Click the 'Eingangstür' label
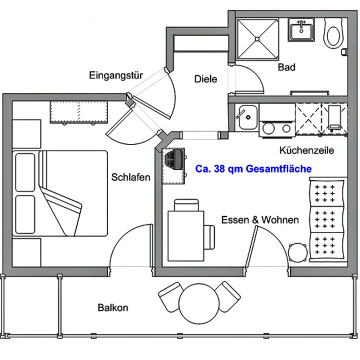coord(116,76)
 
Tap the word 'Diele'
coord(205,79)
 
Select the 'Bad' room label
coord(286,67)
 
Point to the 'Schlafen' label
coord(130,177)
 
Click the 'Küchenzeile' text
coord(306,150)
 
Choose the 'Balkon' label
coord(113,307)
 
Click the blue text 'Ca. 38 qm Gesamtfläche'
coord(253,169)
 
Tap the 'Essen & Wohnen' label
coord(260,220)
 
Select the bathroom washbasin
coord(301,30)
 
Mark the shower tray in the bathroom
coord(257,39)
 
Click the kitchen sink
coord(247,117)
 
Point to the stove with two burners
coord(277,128)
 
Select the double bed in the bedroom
coord(60,193)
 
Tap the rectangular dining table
coord(186,236)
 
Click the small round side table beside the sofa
coord(298,253)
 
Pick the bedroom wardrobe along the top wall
coord(79,112)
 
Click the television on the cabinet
coord(175,159)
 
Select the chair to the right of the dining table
coord(209,237)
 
